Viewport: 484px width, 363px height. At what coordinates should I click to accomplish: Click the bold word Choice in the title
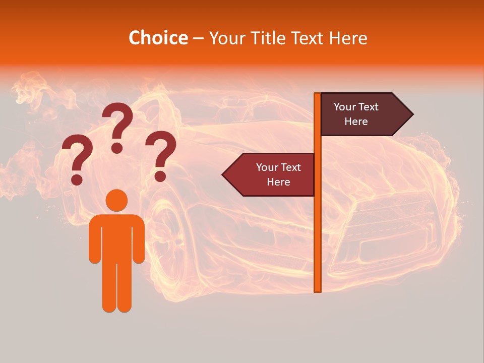pyautogui.click(x=158, y=38)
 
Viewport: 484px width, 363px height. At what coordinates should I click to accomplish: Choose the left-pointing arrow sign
pyautogui.click(x=270, y=174)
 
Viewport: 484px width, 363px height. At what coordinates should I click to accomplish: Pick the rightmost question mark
pyautogui.click(x=161, y=154)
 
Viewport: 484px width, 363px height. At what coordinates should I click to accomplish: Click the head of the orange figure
pyautogui.click(x=116, y=200)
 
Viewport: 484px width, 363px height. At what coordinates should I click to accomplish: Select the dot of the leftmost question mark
pyautogui.click(x=77, y=179)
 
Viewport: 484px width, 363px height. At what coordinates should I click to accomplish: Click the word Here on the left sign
pyautogui.click(x=278, y=182)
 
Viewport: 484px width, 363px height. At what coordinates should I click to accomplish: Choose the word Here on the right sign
pyautogui.click(x=356, y=122)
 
